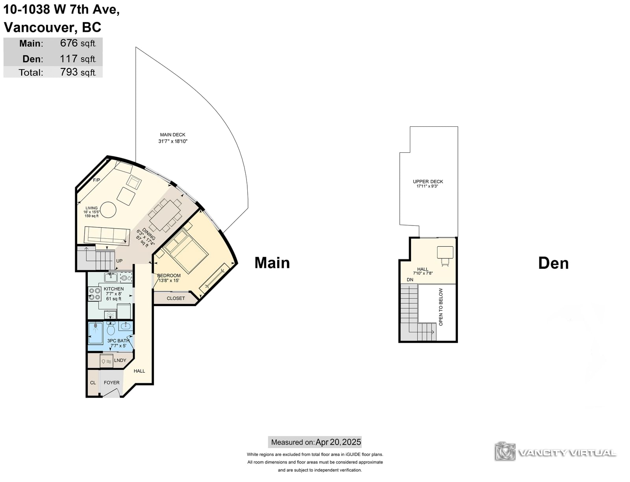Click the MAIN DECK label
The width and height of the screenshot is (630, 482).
pyautogui.click(x=172, y=135)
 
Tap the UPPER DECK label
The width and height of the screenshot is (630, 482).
pyautogui.click(x=428, y=182)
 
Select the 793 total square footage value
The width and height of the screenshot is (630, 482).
pyautogui.click(x=69, y=72)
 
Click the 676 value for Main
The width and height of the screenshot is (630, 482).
pyautogui.click(x=69, y=43)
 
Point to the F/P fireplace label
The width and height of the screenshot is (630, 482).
pyautogui.click(x=96, y=180)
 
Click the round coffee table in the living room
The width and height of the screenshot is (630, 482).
pyautogui.click(x=108, y=209)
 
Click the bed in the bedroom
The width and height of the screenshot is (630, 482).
pyautogui.click(x=186, y=250)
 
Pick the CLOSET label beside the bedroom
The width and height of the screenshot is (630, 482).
pyautogui.click(x=176, y=298)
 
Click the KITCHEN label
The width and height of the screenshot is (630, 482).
pyautogui.click(x=114, y=289)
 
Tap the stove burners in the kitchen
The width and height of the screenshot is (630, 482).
pyautogui.click(x=94, y=294)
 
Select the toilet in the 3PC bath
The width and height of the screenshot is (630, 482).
pyautogui.click(x=111, y=328)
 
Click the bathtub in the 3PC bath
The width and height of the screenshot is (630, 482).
pyautogui.click(x=95, y=333)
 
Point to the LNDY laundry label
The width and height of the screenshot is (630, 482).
pyautogui.click(x=120, y=360)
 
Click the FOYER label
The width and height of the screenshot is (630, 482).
pyautogui.click(x=111, y=382)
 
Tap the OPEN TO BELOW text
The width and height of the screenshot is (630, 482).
pyautogui.click(x=441, y=307)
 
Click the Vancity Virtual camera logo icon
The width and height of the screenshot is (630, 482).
pyautogui.click(x=505, y=451)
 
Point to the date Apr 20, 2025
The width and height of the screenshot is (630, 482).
pyautogui.click(x=338, y=442)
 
